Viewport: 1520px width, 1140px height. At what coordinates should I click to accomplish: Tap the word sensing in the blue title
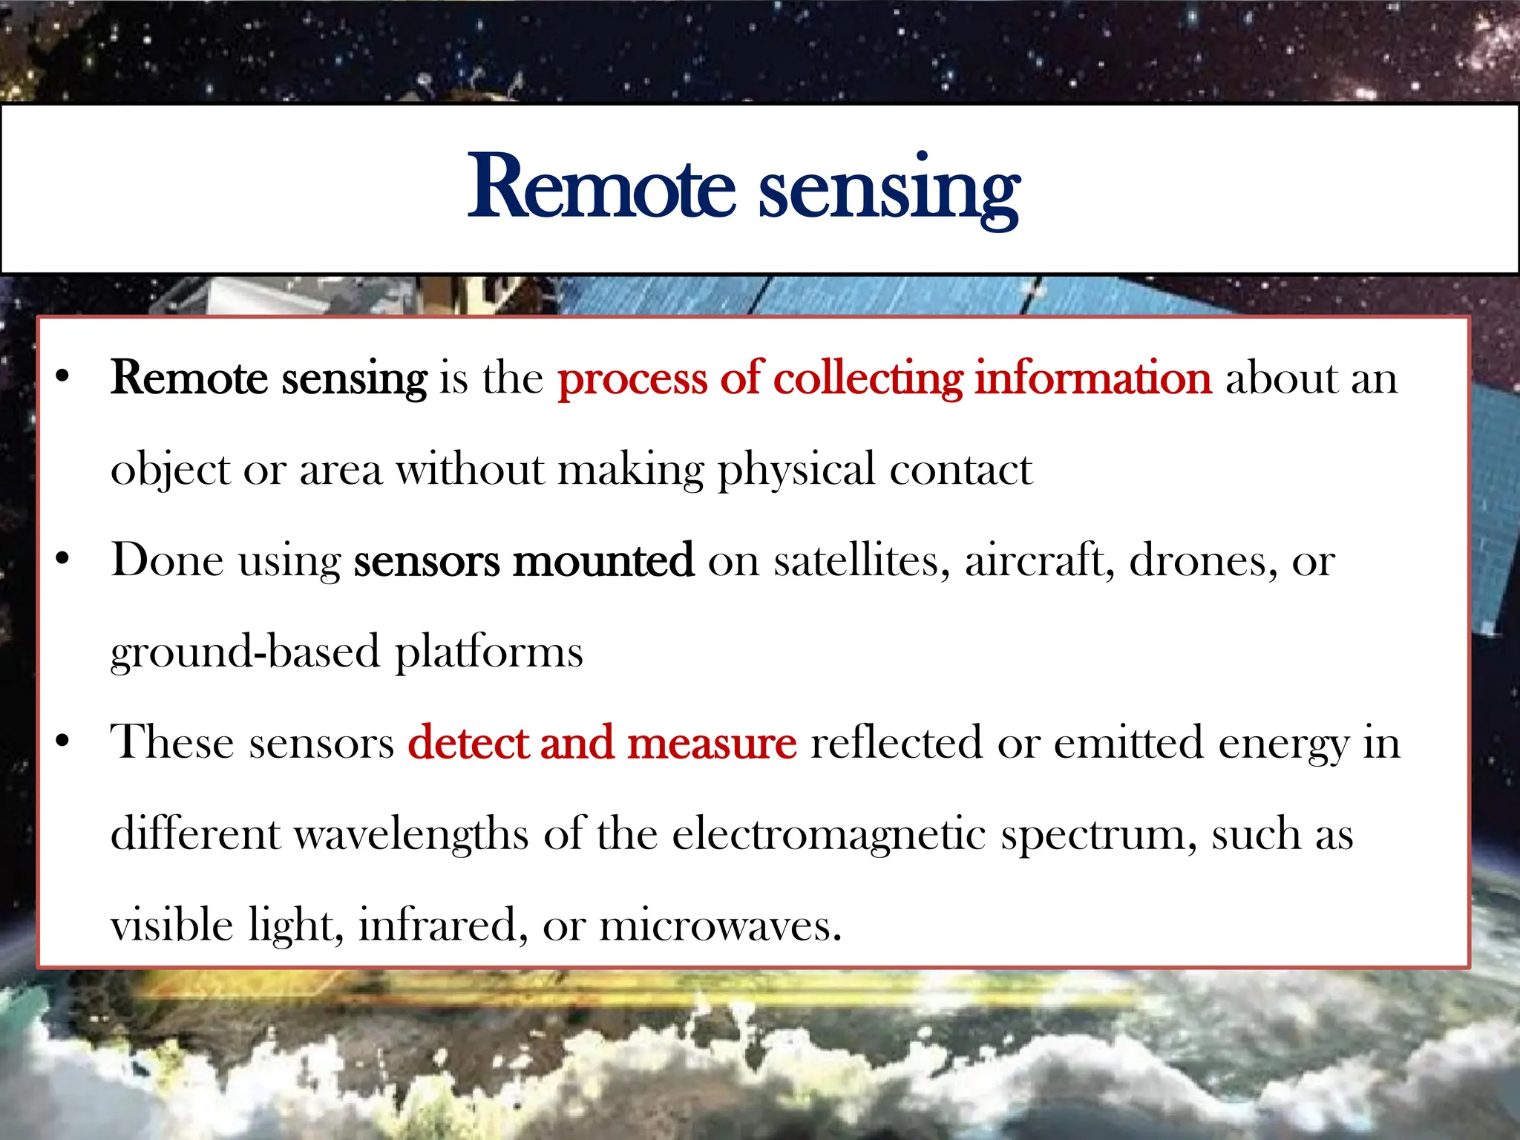888,191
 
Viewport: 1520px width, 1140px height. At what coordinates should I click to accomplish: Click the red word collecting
868,379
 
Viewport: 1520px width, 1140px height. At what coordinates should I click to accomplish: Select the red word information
1092,379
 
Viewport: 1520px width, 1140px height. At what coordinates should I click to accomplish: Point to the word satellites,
862,560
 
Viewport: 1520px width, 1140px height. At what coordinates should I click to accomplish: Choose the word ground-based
245,653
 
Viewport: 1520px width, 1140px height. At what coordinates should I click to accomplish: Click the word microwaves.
720,926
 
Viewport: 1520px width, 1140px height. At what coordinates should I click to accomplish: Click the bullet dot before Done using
63,559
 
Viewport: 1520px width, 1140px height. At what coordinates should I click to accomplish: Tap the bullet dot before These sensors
63,741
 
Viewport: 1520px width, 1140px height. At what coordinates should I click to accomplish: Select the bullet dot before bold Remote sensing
63,377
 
